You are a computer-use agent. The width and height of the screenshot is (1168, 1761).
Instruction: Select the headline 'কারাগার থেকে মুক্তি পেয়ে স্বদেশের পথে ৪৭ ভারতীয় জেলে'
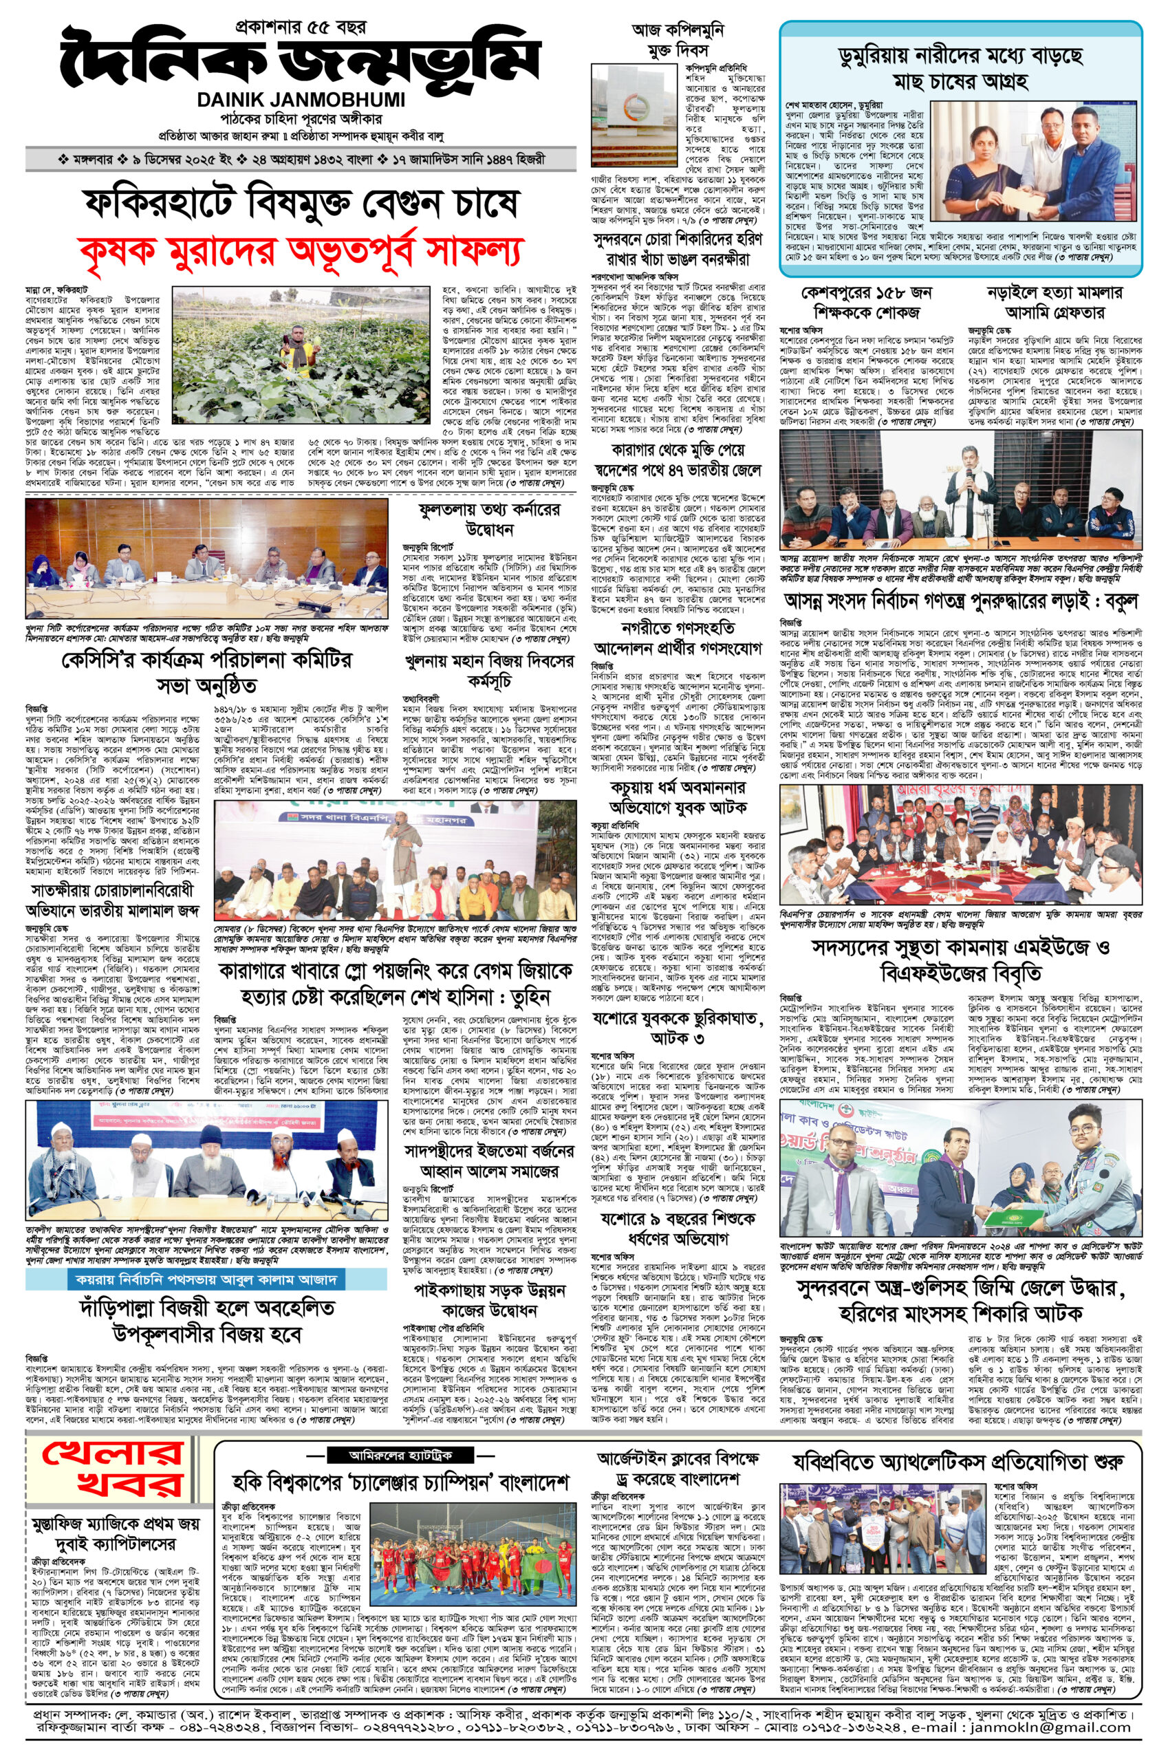click(677, 460)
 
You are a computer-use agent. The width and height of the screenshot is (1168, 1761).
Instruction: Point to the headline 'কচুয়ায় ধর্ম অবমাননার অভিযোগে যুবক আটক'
click(677, 798)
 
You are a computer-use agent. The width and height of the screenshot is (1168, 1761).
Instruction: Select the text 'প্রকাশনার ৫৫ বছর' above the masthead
click(300, 28)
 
